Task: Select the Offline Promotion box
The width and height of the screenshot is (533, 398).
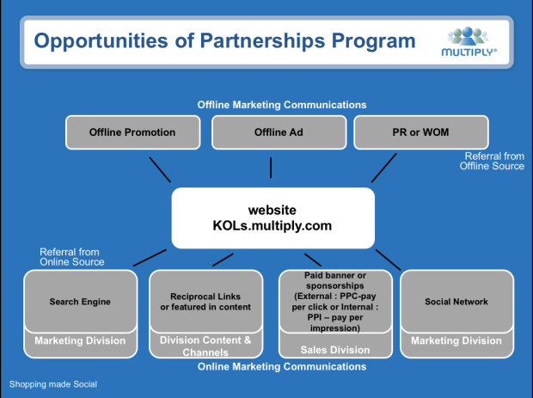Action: click(132, 132)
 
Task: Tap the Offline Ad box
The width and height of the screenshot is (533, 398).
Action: click(277, 132)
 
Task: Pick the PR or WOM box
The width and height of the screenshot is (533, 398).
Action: click(420, 132)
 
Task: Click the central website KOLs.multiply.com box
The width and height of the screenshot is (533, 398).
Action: click(272, 217)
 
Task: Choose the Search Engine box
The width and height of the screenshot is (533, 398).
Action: click(80, 302)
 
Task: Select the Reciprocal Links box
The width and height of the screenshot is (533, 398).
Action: click(205, 302)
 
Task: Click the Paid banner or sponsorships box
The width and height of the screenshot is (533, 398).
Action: click(335, 302)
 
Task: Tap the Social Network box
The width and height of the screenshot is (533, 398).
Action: click(456, 302)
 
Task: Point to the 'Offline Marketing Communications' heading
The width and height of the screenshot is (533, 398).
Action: click(281, 105)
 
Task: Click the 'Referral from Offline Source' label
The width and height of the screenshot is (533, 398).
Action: click(493, 162)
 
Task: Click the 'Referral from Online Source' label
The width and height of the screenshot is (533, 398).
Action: click(71, 257)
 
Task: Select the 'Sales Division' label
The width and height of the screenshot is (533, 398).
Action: click(335, 350)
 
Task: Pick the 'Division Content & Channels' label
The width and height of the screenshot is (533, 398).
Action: click(205, 346)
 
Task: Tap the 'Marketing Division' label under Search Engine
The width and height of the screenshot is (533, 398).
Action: click(80, 341)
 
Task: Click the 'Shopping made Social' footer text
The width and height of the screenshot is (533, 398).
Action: click(53, 384)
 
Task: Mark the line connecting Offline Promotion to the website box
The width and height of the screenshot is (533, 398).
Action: click(160, 169)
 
